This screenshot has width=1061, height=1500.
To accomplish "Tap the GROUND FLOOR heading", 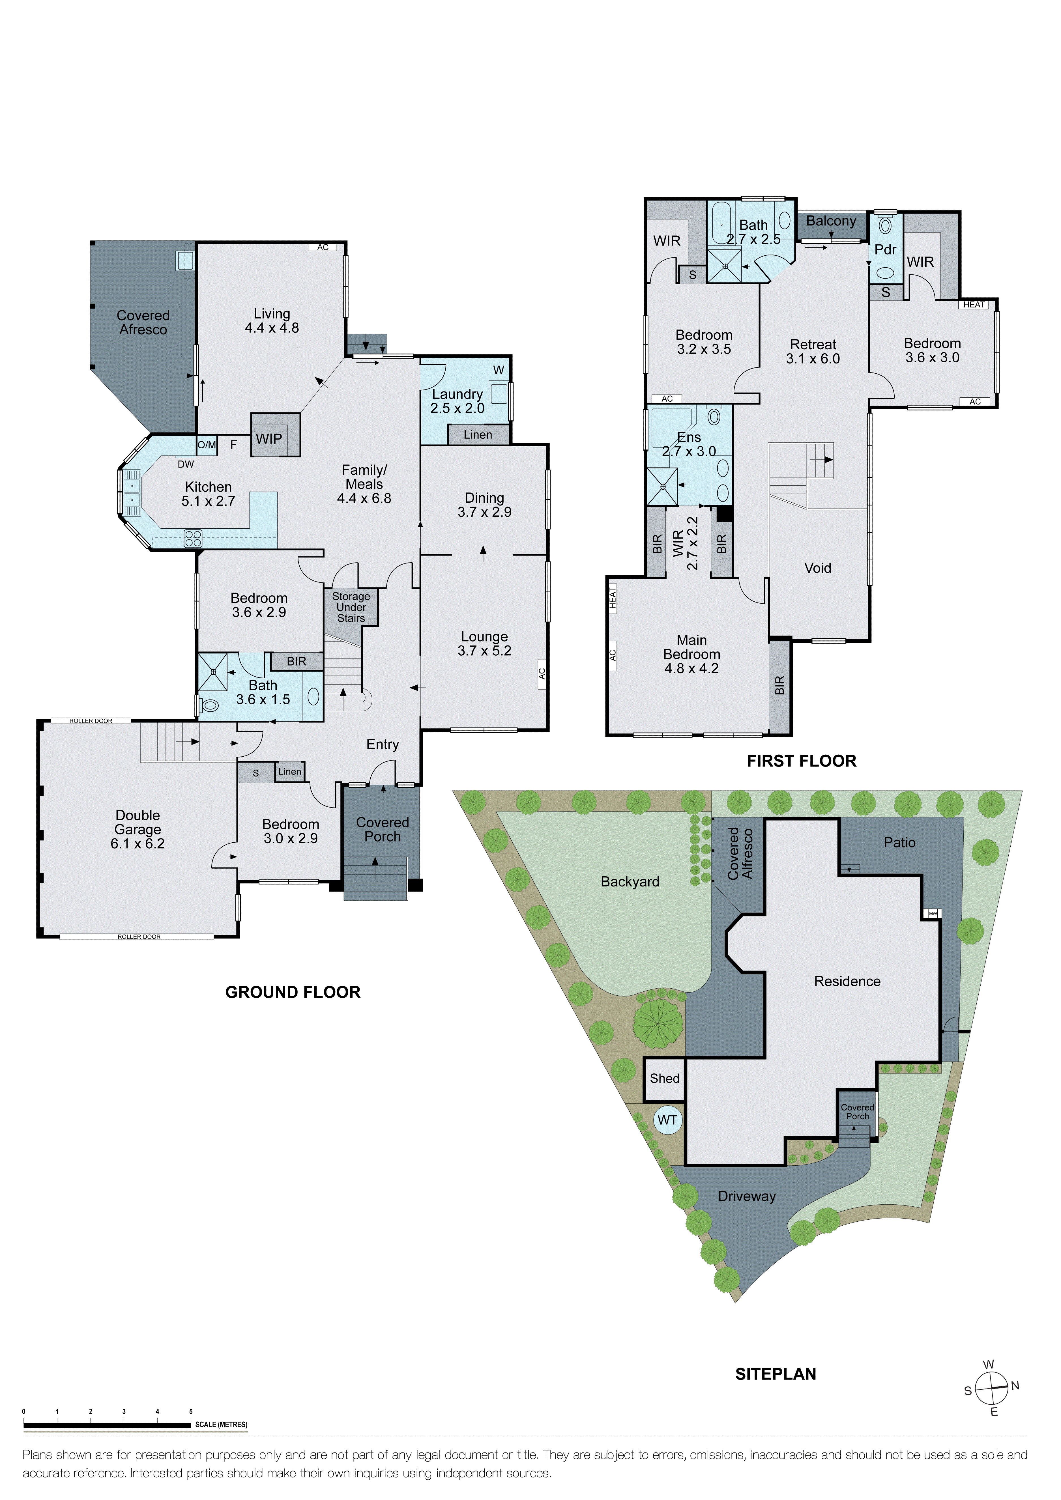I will pos(293,992).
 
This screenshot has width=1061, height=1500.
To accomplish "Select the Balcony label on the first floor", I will pos(830,221).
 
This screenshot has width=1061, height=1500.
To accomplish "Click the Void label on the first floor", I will pos(817,568).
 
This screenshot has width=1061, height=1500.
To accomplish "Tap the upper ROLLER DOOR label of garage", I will pos(91,721).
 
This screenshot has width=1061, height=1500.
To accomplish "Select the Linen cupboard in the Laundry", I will pos(478,434).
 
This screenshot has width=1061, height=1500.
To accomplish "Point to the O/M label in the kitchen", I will pos(207,445).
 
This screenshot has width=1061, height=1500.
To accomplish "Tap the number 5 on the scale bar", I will pos(191,1411).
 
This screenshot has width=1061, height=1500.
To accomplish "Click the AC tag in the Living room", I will pos(323,247).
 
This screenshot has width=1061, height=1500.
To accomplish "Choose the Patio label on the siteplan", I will pos(899,842).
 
